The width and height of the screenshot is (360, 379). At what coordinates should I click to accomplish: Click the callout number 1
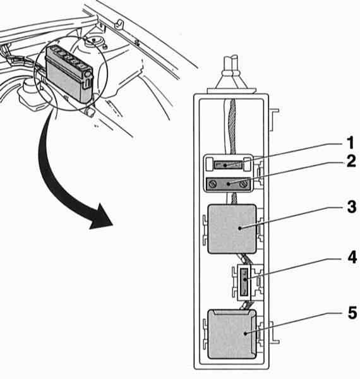coord(350,143)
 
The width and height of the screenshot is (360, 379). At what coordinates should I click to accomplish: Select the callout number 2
coord(351,161)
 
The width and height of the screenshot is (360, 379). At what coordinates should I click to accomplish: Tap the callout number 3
coord(352,207)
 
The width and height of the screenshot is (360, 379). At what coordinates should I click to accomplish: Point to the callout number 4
coord(352,257)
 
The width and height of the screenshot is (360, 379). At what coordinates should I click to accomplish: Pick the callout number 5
coord(352,313)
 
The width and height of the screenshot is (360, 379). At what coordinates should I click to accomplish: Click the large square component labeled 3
coord(232,229)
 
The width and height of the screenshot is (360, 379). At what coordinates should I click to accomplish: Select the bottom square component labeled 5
coord(232,334)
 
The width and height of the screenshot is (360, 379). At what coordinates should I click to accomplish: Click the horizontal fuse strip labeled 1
coord(228,165)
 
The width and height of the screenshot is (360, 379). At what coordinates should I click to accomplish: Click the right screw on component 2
coord(244,184)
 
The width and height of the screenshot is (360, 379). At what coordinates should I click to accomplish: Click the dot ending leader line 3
coord(239,228)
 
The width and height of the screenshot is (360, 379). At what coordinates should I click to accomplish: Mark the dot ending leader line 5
coord(246,334)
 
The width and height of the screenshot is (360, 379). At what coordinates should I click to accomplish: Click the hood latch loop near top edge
coord(120,23)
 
